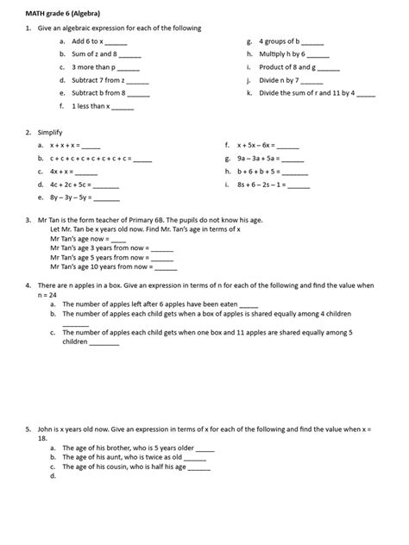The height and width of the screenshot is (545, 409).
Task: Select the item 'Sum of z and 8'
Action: click(94, 53)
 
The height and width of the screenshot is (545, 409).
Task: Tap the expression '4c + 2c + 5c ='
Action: click(71, 185)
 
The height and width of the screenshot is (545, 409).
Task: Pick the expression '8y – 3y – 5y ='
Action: click(71, 197)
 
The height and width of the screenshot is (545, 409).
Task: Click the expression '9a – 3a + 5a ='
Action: click(258, 159)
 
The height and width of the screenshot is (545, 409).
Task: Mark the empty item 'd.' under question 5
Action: click(53, 475)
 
